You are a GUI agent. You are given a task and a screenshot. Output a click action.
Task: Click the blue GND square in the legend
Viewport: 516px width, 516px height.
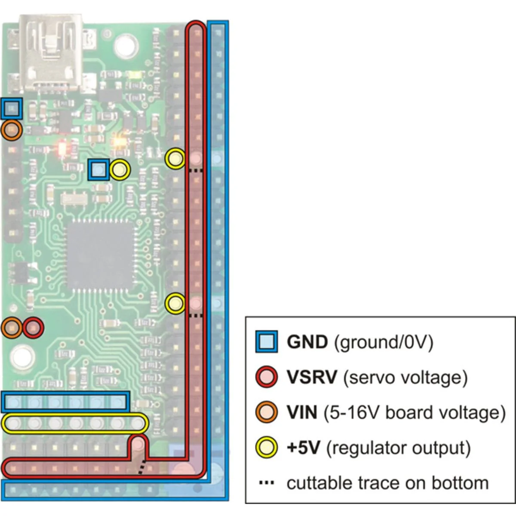click(267, 342)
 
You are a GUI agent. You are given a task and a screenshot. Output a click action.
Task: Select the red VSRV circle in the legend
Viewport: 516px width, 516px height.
click(267, 377)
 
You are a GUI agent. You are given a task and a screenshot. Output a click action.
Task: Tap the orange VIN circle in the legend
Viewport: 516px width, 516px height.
click(267, 412)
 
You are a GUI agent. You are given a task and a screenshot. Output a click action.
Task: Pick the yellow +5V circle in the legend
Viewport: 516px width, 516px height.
click(267, 448)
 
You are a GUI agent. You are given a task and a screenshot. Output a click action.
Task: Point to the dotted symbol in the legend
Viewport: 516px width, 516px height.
click(267, 483)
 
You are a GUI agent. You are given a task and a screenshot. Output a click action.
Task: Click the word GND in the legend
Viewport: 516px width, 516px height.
click(307, 342)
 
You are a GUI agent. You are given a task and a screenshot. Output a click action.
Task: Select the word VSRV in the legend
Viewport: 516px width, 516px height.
click(312, 378)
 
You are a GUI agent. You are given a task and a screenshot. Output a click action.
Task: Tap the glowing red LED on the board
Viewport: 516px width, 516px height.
click(61, 148)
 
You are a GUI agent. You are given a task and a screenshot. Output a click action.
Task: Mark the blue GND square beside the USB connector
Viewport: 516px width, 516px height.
click(12, 109)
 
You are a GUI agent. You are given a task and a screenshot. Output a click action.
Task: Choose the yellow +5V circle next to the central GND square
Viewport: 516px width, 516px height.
click(120, 170)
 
